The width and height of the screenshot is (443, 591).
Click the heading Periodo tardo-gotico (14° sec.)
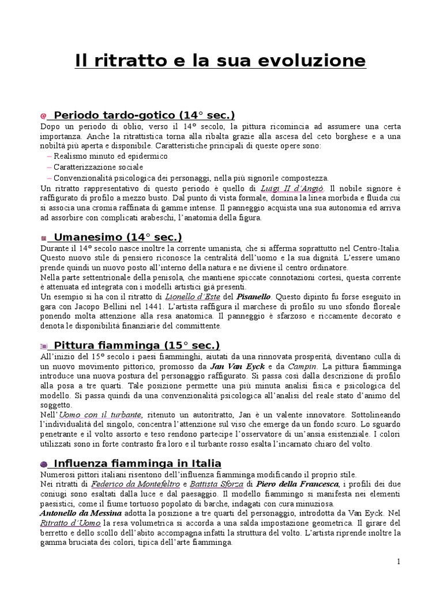tap(144, 115)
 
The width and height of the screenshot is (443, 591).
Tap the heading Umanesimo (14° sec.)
tap(118, 237)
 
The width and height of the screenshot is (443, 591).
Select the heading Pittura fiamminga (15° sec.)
tap(137, 345)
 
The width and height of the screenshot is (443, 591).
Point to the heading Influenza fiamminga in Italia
tap(137, 463)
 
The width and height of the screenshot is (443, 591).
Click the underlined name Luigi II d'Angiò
tap(292, 188)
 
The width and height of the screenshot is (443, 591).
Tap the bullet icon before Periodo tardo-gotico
tap(44, 116)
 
